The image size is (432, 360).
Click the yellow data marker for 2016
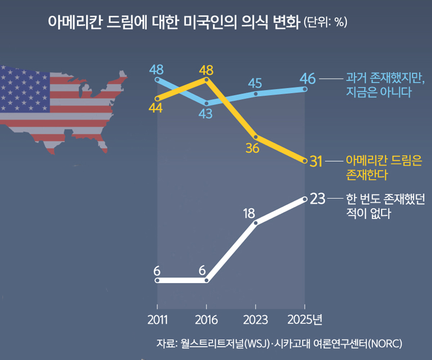206,79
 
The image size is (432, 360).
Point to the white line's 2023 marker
256,223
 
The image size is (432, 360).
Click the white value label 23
318,199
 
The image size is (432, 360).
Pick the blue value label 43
206,114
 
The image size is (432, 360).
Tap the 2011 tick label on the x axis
157,320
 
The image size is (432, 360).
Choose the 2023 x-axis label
256,320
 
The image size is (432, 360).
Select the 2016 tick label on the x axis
206,320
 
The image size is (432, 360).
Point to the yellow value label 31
316,161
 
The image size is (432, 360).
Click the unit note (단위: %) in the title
325,23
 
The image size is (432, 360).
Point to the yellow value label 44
156,108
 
